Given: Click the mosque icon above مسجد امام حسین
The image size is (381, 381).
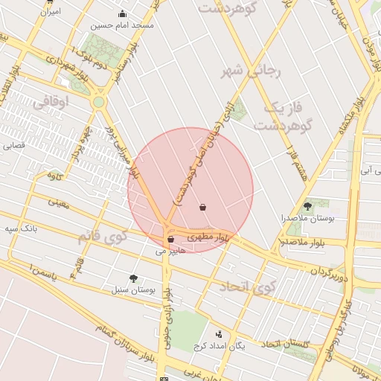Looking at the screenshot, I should click(x=123, y=14).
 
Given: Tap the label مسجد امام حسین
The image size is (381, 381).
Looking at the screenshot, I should click(x=122, y=26).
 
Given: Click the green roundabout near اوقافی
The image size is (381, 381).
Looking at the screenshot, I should click(x=98, y=102).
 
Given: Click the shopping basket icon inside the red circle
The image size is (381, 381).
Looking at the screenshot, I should click(x=203, y=208).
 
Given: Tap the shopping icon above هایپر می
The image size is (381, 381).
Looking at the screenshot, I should click(x=171, y=240).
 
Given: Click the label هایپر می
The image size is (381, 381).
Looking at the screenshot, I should click(x=170, y=252).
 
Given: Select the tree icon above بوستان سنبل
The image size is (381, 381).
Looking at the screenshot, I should click(x=133, y=278).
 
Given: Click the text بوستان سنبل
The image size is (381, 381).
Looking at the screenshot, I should click(x=132, y=290).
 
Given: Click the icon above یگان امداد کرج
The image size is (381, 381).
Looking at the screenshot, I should click(x=218, y=335).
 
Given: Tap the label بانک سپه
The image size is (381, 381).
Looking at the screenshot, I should click(x=21, y=228).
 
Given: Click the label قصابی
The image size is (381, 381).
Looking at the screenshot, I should click(x=14, y=146).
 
